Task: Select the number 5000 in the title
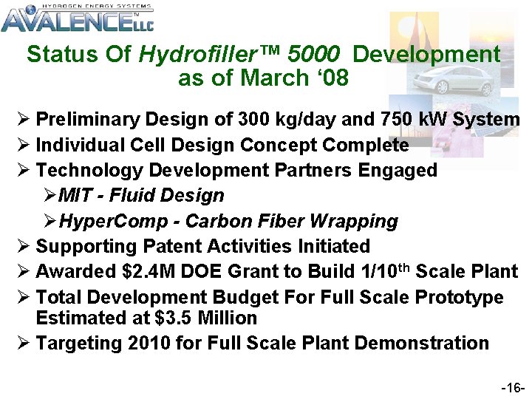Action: (315, 55)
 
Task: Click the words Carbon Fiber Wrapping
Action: (291, 222)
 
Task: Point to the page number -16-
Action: (513, 387)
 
